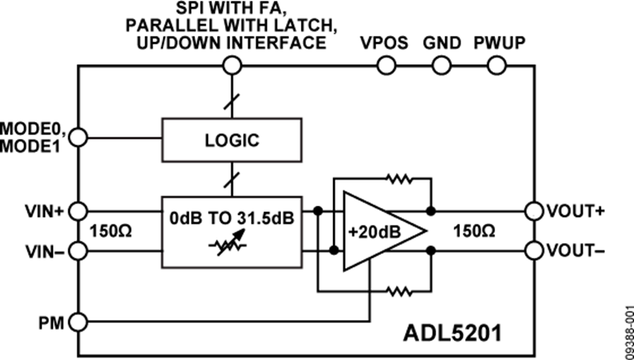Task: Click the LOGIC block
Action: (232, 139)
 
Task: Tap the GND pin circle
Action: (442, 66)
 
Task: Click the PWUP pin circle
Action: (497, 66)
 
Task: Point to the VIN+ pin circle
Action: (79, 211)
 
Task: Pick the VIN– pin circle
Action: (79, 250)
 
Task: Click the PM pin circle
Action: (79, 323)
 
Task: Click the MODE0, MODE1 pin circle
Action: (79, 138)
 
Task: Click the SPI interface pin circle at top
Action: (232, 66)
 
